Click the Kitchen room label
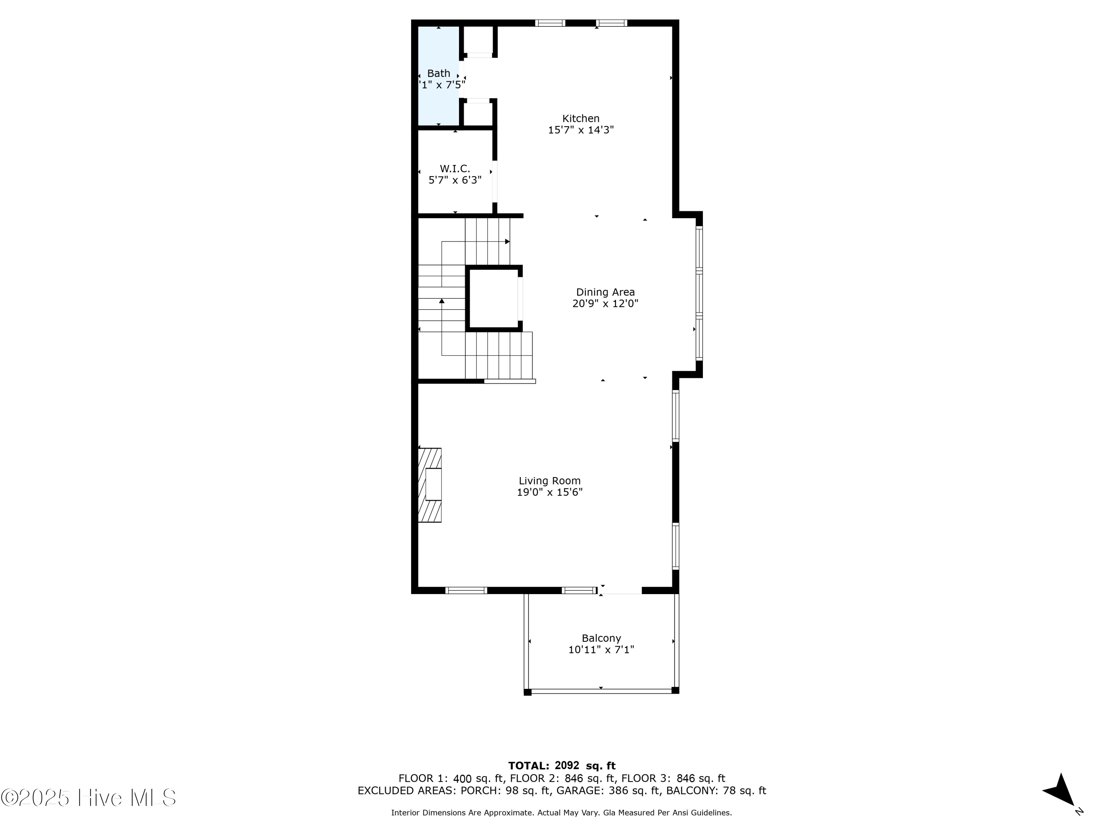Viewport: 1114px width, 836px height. click(x=581, y=119)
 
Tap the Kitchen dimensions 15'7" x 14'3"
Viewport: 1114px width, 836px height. click(x=581, y=130)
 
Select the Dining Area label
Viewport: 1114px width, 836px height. click(x=605, y=292)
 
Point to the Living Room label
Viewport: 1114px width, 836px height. click(x=550, y=481)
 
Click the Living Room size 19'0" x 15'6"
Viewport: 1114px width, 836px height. click(x=550, y=492)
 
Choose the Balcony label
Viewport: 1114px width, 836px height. click(x=601, y=638)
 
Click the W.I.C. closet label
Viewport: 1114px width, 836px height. click(x=455, y=168)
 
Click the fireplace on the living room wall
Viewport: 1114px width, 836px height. click(x=430, y=485)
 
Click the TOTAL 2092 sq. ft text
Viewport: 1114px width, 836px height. click(x=561, y=766)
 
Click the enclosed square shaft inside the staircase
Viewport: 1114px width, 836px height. click(x=494, y=298)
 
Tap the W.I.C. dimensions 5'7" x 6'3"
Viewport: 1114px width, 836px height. click(x=455, y=180)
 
